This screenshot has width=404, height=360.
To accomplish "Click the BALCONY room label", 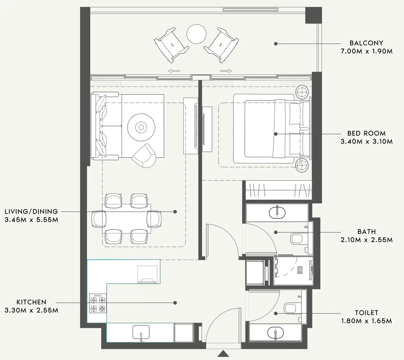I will [366, 43].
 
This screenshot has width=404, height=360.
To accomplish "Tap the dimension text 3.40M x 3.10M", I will [366, 142].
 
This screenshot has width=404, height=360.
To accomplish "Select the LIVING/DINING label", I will [31, 212].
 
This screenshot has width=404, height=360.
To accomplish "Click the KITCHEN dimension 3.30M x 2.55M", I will [31, 310].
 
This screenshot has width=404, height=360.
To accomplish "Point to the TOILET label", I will [366, 313].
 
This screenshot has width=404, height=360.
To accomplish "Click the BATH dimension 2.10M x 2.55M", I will [366, 240].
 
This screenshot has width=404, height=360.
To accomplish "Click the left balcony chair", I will [171, 44].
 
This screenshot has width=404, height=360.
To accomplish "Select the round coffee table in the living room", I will [141, 127].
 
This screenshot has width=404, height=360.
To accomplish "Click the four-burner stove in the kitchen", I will [98, 303].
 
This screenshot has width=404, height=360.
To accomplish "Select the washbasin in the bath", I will [277, 212].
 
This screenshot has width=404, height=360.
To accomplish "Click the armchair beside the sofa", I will [144, 155].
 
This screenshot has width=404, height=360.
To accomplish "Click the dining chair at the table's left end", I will [99, 219].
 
